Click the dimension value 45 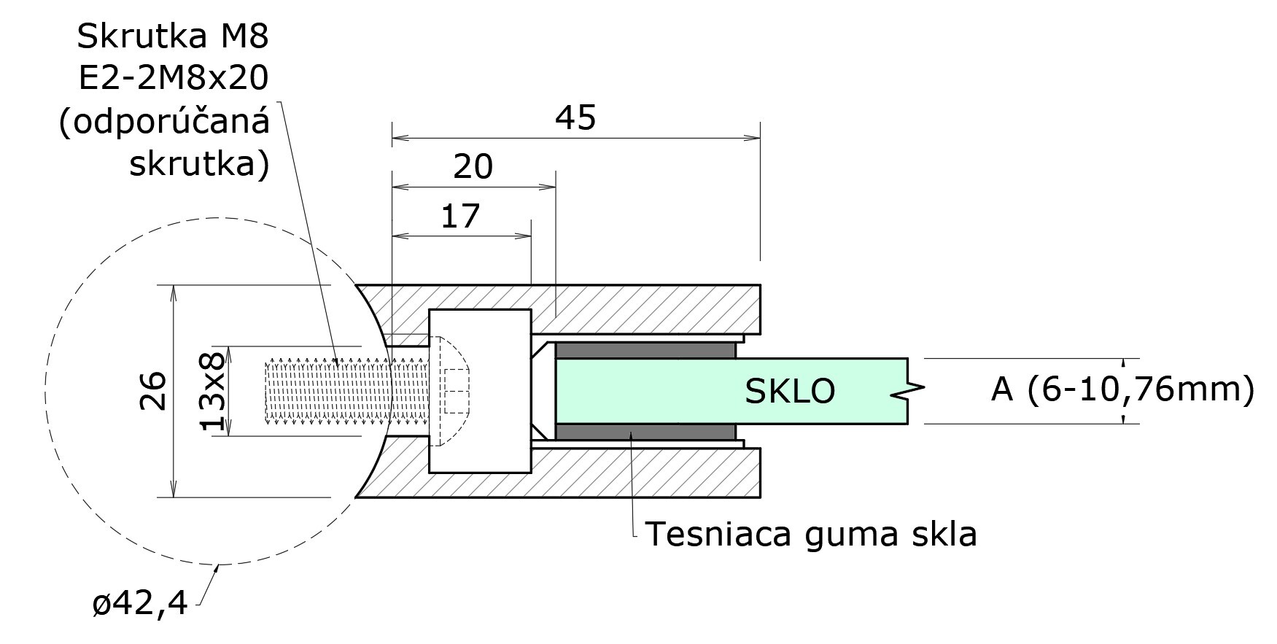pyautogui.click(x=575, y=118)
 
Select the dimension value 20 pyautogui.click(x=473, y=167)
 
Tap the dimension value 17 pyautogui.click(x=460, y=217)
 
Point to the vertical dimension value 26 pyautogui.click(x=154, y=391)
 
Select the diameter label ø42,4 pyautogui.click(x=140, y=604)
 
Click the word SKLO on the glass pyautogui.click(x=789, y=392)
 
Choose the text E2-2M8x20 pyautogui.click(x=173, y=78)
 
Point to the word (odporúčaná pyautogui.click(x=164, y=123)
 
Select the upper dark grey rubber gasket pyautogui.click(x=645, y=350)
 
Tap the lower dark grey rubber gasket pyautogui.click(x=645, y=432)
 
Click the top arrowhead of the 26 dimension pyautogui.click(x=173, y=292)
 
